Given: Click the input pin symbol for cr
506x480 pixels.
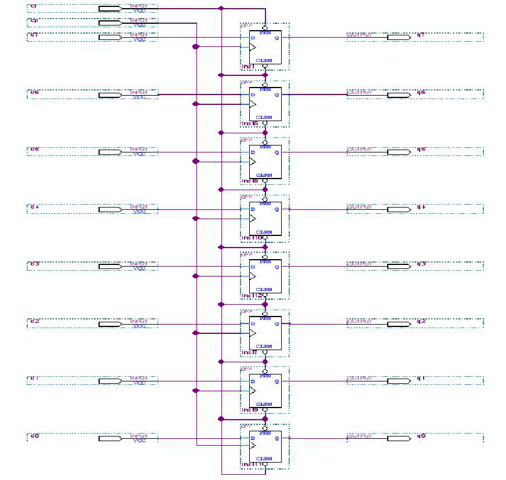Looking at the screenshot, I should coord(110,9).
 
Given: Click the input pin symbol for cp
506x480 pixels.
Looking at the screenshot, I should coord(110,23).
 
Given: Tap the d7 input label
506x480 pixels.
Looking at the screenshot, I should coord(34,36).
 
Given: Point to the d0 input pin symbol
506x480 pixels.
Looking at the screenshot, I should coord(110,438).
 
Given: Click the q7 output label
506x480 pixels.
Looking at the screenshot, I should coord(421,36).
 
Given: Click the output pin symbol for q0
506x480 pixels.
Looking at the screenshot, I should coord(398,438).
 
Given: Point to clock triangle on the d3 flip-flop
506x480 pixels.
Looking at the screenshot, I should coord(252,276).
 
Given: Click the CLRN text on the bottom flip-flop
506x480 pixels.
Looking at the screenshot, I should coord(264,459).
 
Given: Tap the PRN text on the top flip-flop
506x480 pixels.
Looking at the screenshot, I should coord(264,33).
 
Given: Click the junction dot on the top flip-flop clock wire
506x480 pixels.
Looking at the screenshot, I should coord(196,47).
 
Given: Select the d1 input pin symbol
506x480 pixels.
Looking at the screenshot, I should coord(110,381).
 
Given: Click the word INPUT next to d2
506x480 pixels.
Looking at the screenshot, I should coord(139,321).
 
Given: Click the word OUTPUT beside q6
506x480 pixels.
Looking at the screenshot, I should coord(358,92).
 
